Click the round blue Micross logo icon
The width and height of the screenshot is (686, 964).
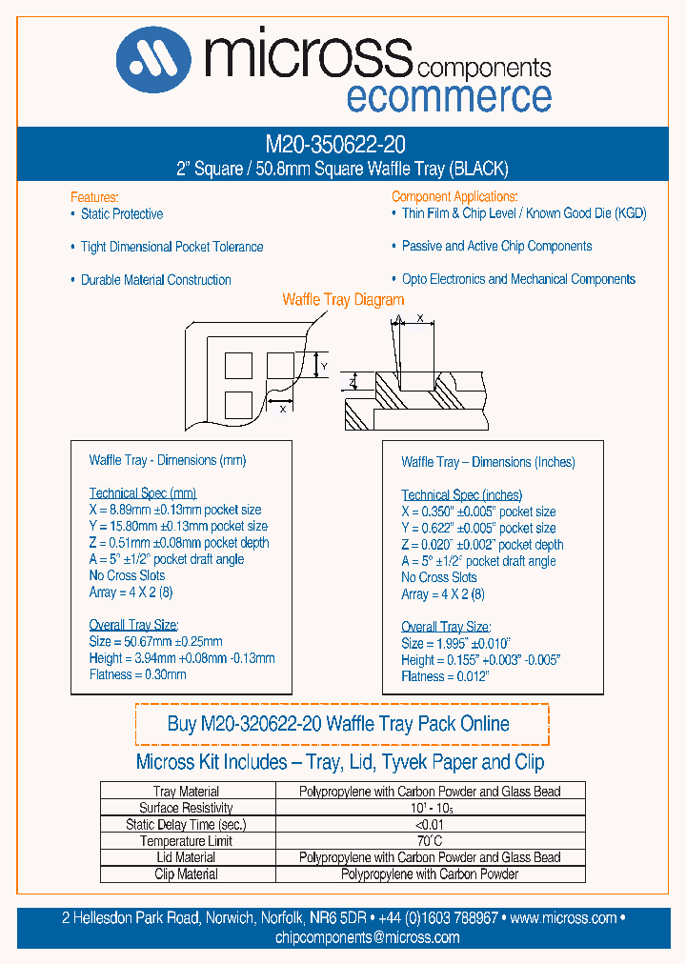pos(152,59)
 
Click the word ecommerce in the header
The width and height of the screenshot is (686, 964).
pos(448,97)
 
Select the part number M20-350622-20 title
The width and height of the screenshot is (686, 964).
pos(335,145)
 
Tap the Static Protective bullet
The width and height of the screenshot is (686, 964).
pos(121,214)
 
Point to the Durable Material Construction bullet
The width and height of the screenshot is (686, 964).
pos(155,280)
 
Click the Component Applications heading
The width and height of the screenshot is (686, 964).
pos(454,196)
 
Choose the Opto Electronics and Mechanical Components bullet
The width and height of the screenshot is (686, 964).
pos(518,279)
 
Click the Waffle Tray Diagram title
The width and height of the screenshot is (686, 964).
pos(343,300)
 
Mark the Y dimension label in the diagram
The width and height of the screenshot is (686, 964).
pos(324,366)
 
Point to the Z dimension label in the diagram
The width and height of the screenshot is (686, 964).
pos(352,382)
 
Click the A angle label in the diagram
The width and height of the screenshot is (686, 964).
pos(398,320)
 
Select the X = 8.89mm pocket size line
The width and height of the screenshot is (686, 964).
pos(175,510)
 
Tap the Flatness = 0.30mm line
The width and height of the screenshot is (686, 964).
pos(137,674)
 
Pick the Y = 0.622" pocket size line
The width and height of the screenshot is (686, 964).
pos(478,528)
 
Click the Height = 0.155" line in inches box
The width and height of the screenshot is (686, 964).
pos(480,660)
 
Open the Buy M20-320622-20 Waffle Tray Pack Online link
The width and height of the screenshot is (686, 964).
pos(338,724)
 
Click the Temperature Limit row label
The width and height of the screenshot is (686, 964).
pos(186,841)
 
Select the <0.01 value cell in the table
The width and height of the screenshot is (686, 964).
pos(429,825)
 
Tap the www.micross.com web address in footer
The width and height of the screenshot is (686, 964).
pos(563,918)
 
